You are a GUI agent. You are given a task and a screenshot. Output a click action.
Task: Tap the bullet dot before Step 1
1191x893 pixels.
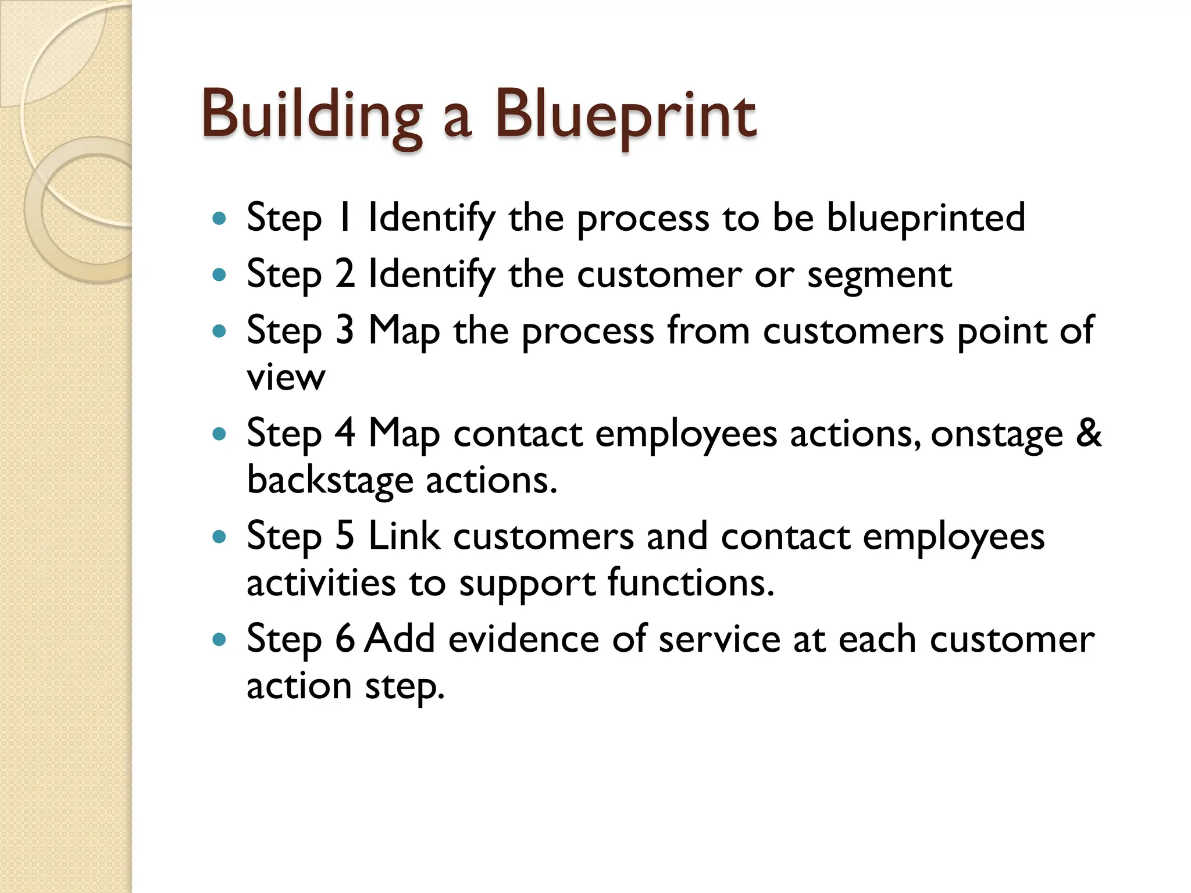coord(219,219)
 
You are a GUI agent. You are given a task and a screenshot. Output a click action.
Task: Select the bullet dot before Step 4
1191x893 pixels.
coord(219,434)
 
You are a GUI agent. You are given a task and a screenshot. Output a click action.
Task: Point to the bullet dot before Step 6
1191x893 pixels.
coord(219,640)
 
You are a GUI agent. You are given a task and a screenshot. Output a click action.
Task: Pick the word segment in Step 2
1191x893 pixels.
coord(879,275)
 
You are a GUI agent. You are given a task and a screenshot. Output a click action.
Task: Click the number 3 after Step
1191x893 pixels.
coord(345,330)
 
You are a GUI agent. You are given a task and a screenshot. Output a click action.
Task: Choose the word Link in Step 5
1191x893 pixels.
coord(404,536)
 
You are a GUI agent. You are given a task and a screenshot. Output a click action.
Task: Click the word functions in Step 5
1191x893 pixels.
coord(691,583)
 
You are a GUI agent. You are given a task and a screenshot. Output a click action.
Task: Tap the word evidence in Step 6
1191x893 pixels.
coord(523,639)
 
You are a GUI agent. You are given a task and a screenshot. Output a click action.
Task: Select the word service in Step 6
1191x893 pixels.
coord(719,639)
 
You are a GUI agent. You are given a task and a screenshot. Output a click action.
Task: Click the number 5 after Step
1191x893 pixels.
coord(345,536)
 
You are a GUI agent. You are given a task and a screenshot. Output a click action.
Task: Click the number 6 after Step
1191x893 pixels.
coord(345,639)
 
